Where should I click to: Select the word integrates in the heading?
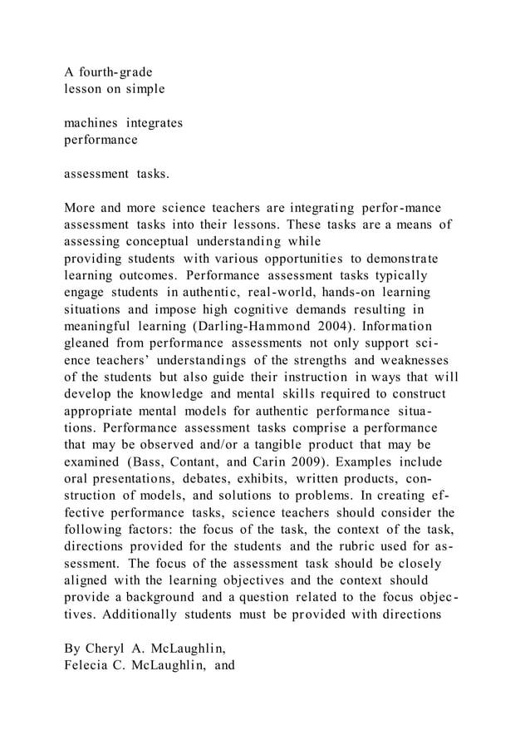(x=155, y=123)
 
